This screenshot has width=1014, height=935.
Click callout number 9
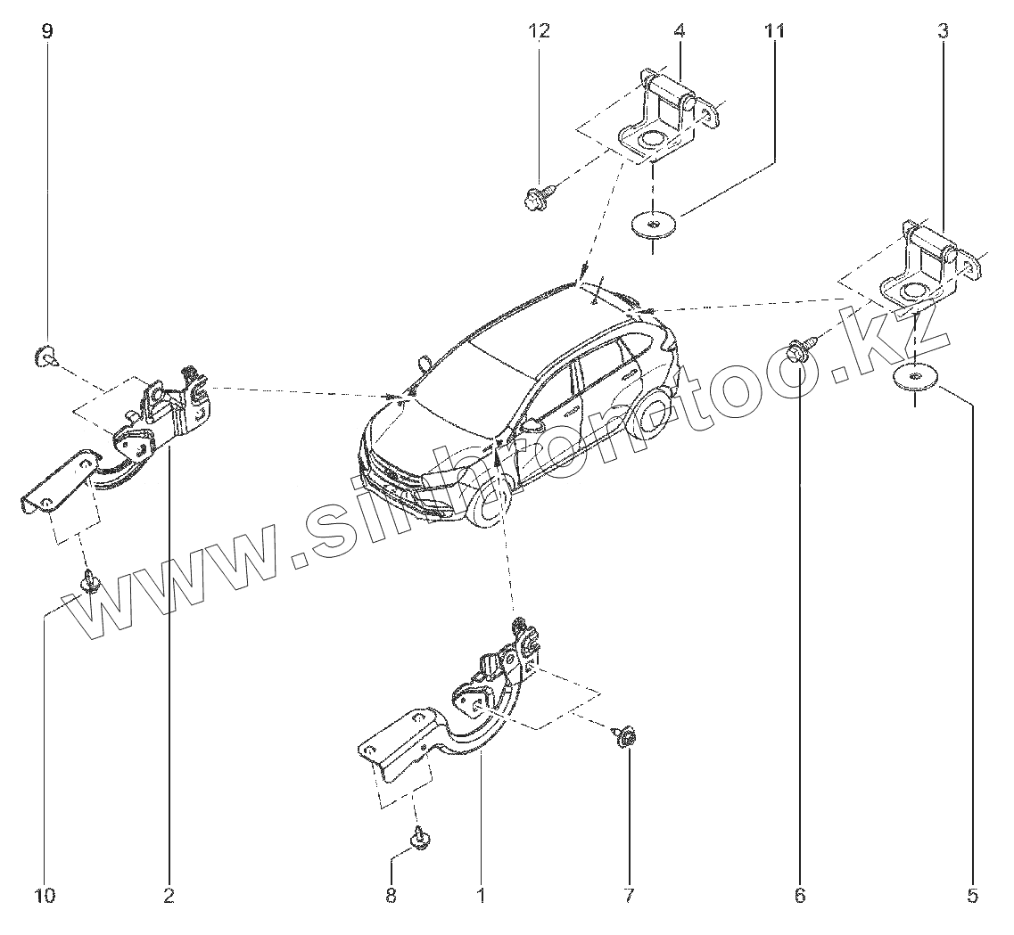pos(47,31)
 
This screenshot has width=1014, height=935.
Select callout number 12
pos(539,31)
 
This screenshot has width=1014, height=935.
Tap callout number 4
pos(679,31)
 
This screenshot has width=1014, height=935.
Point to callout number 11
pos(774,31)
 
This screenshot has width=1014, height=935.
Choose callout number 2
pos(169,895)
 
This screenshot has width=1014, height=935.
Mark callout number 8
pos(391,895)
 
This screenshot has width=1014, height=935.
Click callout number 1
pos(481,895)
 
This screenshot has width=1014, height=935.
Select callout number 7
pos(629,895)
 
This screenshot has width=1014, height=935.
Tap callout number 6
pos(799,895)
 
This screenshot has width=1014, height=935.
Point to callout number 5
pos(973,895)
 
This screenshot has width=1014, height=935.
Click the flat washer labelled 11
pos(654,221)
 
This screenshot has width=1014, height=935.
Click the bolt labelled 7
pos(624,736)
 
